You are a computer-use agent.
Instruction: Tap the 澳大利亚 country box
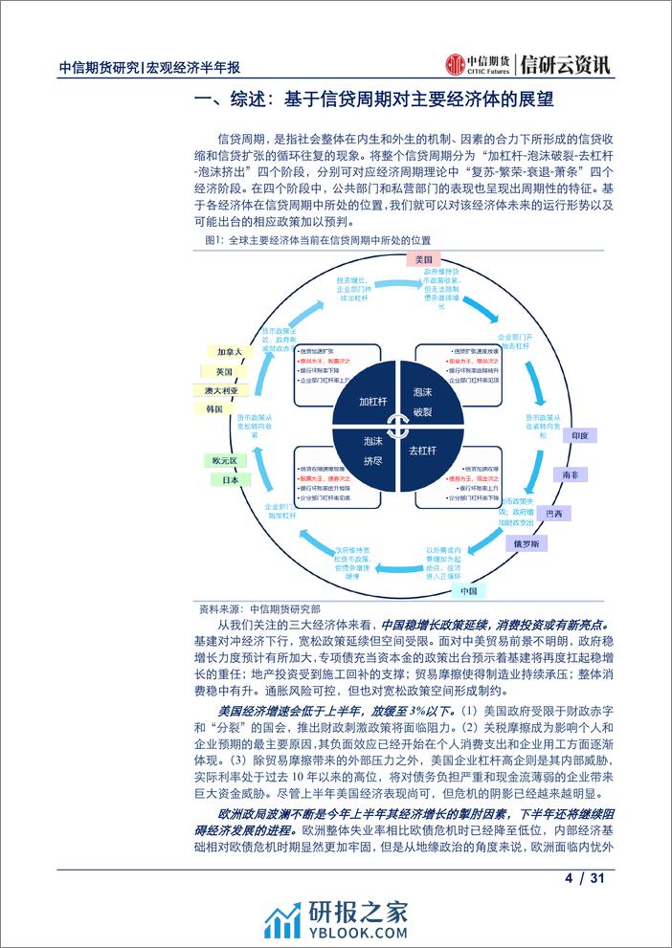[221, 390]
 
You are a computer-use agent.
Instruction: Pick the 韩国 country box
[214, 409]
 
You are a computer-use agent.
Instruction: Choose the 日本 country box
[230, 479]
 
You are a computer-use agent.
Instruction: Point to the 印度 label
[578, 434]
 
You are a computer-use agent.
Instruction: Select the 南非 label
[571, 474]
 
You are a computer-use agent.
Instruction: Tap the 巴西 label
[553, 514]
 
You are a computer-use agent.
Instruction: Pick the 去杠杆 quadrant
[422, 449]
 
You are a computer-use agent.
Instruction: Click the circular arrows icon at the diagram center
[392, 423]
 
